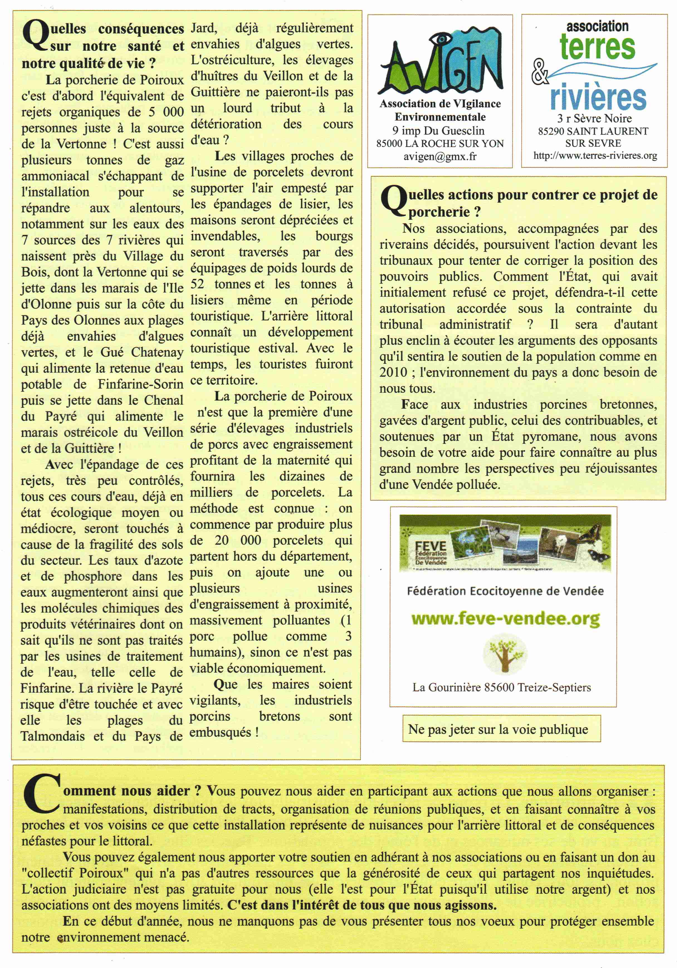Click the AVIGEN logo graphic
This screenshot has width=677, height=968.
(x=441, y=62)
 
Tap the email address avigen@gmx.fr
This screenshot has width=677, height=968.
(x=440, y=156)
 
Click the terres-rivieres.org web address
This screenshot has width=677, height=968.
(x=595, y=156)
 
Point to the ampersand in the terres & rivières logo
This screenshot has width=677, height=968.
(x=540, y=73)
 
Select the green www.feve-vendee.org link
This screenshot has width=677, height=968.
(x=505, y=619)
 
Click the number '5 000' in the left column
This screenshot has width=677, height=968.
(x=167, y=112)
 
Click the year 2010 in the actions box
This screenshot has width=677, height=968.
(x=393, y=372)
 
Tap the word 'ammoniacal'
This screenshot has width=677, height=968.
(x=55, y=176)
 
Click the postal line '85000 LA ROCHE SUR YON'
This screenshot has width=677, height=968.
(x=440, y=143)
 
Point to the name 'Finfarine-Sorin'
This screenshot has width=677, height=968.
(x=140, y=384)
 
